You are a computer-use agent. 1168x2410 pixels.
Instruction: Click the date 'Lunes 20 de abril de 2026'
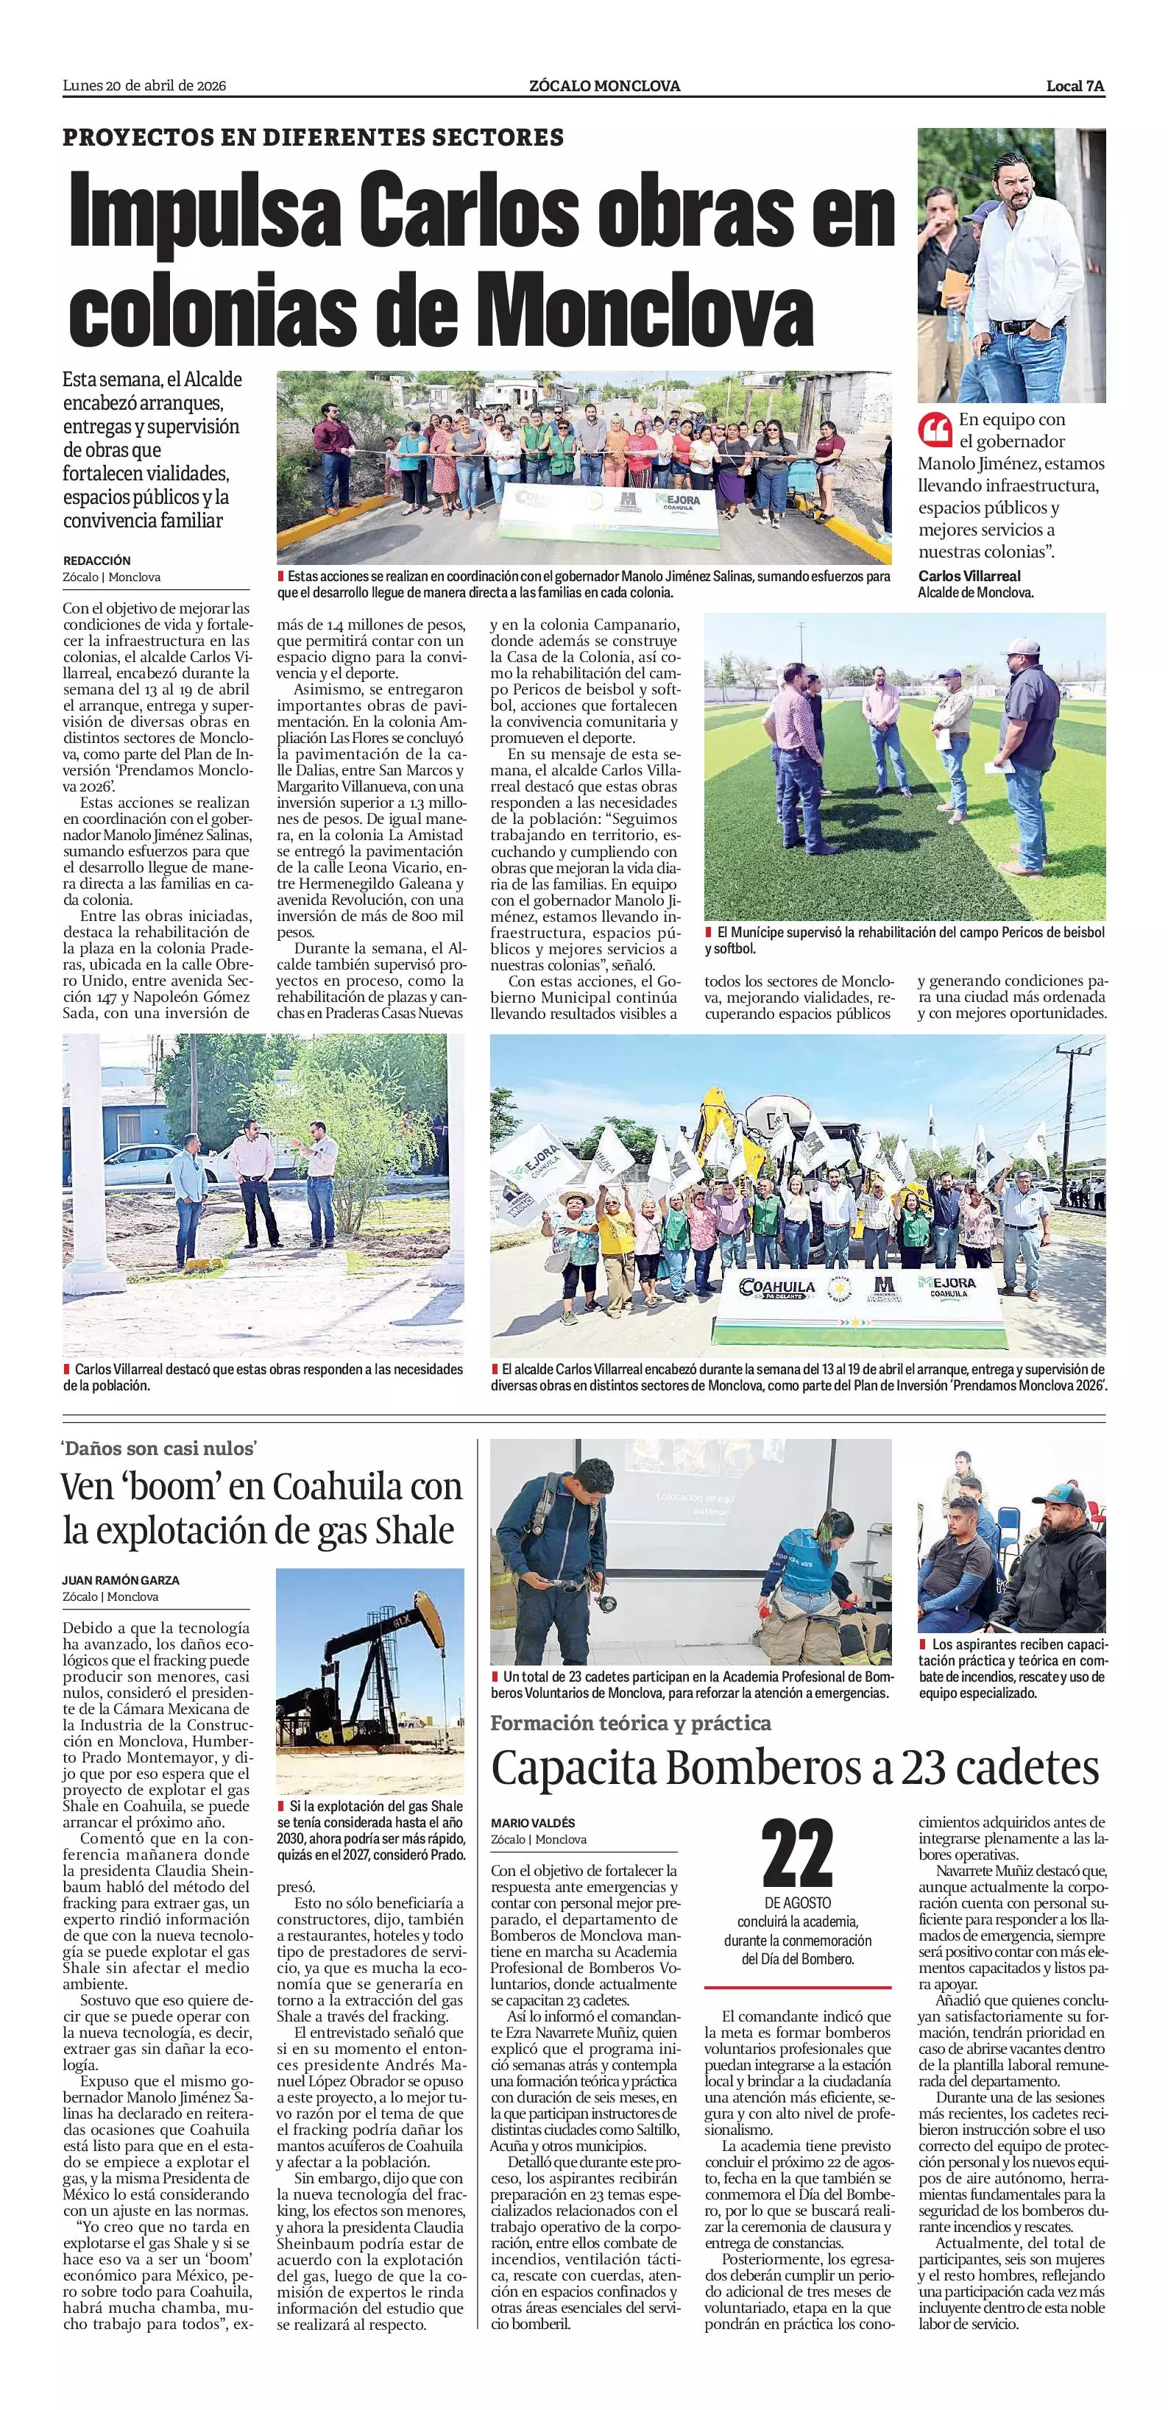point(144,86)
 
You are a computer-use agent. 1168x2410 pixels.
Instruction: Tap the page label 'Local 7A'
point(1075,86)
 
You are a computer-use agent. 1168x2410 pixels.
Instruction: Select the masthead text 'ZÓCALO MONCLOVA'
point(604,86)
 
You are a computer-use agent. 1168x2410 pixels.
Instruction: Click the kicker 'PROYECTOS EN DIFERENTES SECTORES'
point(313,138)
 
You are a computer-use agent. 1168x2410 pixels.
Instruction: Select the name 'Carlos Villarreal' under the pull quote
point(969,576)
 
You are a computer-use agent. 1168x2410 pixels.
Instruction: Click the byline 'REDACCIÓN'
point(96,561)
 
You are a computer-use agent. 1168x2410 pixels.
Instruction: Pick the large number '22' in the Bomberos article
point(797,1855)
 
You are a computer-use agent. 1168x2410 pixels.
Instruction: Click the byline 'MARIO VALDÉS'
point(533,1822)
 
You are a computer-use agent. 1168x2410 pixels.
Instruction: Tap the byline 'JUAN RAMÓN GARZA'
point(121,1580)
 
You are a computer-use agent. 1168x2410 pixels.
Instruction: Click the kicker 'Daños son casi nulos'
point(159,1449)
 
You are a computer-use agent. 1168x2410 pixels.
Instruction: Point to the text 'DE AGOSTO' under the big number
point(797,1903)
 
